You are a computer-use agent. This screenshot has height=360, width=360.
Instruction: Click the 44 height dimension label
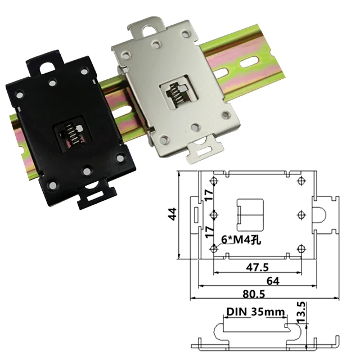(173, 214)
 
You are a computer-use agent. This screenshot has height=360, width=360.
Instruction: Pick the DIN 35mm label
(255, 311)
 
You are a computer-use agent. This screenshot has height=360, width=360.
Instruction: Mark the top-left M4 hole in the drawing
(214, 181)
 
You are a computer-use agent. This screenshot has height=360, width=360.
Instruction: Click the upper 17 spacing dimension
(208, 197)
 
